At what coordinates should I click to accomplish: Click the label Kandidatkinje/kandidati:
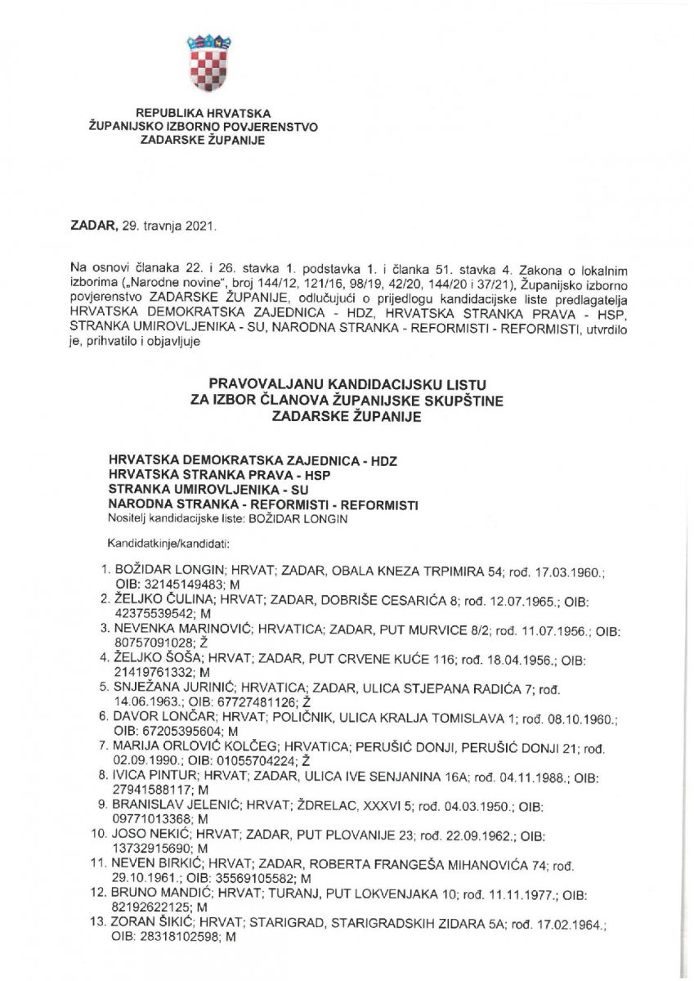point(156,542)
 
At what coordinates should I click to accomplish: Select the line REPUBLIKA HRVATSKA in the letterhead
point(203,114)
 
